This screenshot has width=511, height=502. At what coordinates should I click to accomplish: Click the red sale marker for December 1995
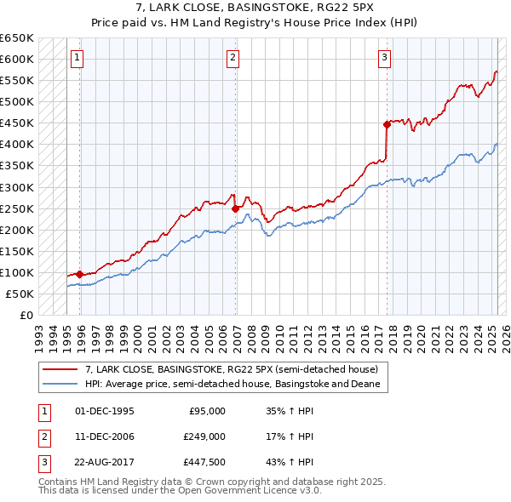click(x=79, y=274)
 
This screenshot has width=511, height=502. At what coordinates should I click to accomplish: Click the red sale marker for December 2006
click(x=235, y=208)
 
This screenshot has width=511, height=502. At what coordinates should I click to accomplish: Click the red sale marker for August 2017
click(x=387, y=123)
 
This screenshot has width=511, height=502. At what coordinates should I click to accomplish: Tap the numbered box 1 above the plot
click(x=77, y=58)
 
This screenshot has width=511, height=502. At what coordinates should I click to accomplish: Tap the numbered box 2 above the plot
click(x=233, y=58)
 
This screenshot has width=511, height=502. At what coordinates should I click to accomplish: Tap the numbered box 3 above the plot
click(x=384, y=58)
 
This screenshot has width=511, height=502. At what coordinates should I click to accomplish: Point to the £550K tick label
click(x=17, y=81)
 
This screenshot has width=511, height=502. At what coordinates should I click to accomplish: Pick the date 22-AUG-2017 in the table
click(x=105, y=462)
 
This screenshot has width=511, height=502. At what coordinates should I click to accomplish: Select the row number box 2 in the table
click(x=43, y=436)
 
